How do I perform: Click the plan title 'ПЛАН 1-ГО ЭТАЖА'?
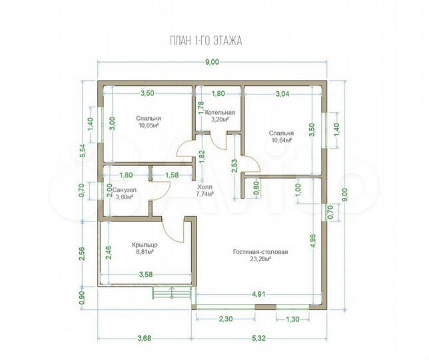coord(206,41)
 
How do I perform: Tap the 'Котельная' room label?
coord(220,113)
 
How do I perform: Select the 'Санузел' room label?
coord(125,190)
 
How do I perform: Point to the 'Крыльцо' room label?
coord(145,245)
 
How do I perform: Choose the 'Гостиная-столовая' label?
coord(260,252)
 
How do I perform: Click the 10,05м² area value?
coord(148,125)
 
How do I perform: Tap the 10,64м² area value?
coord(281,140)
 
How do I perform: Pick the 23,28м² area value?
coord(260,259)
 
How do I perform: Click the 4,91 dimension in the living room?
coord(258,295)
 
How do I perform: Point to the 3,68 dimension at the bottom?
coord(144,339)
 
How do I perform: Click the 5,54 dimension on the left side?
coord(82,151)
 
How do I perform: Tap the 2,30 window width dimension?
coord(226,319)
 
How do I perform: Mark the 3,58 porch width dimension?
coord(145,274)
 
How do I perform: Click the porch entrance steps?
coord(171,293)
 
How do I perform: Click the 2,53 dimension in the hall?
coord(234,167)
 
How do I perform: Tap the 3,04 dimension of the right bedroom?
coord(283,94)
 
